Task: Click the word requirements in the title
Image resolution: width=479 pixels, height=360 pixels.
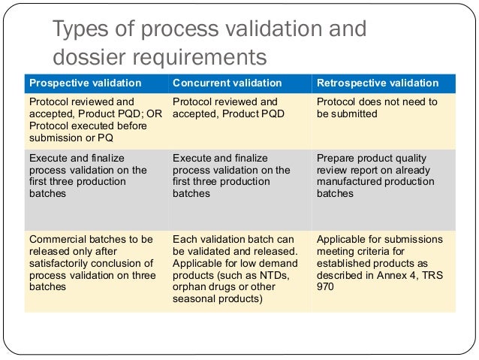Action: click(203, 57)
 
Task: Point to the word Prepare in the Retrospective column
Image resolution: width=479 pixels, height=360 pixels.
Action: click(336, 159)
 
